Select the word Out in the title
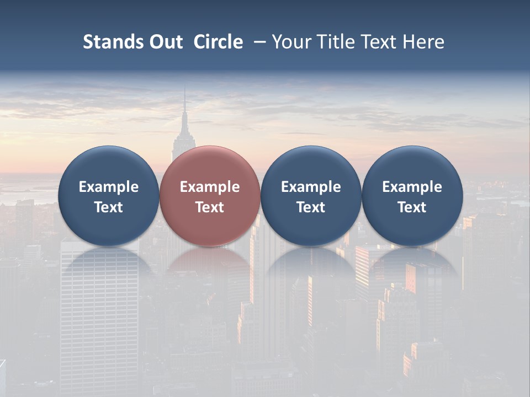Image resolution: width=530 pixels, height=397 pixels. [165, 42]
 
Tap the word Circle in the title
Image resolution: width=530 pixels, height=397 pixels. [218, 42]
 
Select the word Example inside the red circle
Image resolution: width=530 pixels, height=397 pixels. [209, 187]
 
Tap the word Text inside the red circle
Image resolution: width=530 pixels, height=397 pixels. [209, 207]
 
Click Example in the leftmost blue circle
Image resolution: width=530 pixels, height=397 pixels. [108, 187]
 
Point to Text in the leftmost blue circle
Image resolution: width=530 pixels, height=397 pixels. [108, 207]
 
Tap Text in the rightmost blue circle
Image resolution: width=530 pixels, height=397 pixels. [412, 207]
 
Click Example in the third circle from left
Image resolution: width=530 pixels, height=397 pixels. [311, 187]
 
